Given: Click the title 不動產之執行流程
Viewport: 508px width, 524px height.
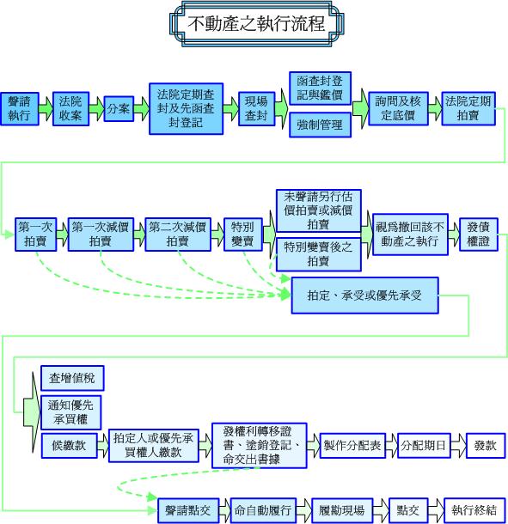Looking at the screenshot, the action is pyautogui.click(x=256, y=23).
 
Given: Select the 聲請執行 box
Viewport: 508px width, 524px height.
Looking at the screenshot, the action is pyautogui.click(x=20, y=109).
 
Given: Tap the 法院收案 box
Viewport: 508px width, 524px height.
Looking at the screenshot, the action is pyautogui.click(x=70, y=109).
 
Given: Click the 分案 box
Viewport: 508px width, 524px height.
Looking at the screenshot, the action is pyautogui.click(x=119, y=109).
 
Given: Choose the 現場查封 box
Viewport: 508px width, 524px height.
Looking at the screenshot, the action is pyautogui.click(x=256, y=109).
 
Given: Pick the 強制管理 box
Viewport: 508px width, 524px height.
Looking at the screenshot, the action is pyautogui.click(x=320, y=125).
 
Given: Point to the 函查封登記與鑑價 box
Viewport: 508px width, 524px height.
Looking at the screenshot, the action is pyautogui.click(x=320, y=88).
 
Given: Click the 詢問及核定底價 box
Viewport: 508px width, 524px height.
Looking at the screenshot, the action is pyautogui.click(x=398, y=109).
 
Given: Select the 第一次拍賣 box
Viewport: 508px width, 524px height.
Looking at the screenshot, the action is pyautogui.click(x=35, y=235).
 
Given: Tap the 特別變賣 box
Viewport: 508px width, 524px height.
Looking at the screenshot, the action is pyautogui.click(x=242, y=235).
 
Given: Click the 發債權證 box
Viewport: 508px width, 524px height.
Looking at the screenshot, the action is pyautogui.click(x=479, y=235).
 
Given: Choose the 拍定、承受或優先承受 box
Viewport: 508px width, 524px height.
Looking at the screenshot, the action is pyautogui.click(x=364, y=296).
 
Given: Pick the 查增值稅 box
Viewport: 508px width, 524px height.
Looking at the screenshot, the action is pyautogui.click(x=72, y=378).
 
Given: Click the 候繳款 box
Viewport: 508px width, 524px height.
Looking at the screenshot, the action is pyautogui.click(x=70, y=446).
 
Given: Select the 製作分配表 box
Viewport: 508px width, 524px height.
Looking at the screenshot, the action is pyautogui.click(x=352, y=446).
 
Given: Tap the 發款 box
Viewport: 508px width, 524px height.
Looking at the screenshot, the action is pyautogui.click(x=486, y=446).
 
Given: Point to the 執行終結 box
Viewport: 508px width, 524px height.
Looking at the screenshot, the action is pyautogui.click(x=474, y=510).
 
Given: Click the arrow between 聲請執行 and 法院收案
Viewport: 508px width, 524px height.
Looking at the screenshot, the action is pyautogui.click(x=46, y=109).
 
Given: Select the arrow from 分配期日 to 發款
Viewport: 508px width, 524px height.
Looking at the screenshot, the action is pyautogui.click(x=458, y=446).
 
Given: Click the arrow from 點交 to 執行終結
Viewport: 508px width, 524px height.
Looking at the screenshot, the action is pyautogui.click(x=436, y=510).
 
